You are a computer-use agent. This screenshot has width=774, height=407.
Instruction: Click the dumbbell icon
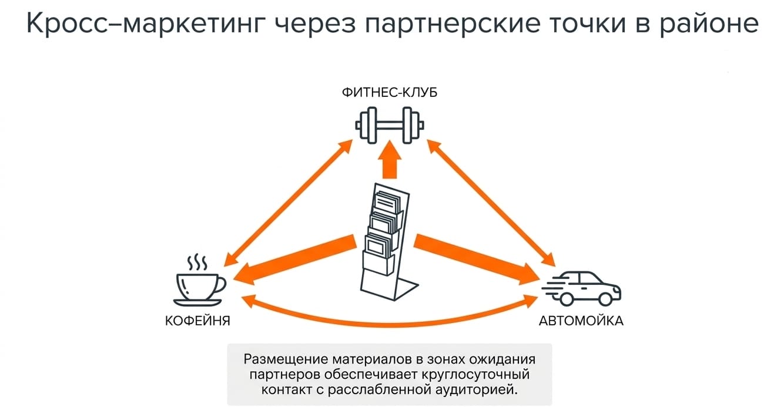pos(390,125)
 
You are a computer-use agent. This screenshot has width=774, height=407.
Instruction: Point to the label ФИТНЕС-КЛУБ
pos(390,93)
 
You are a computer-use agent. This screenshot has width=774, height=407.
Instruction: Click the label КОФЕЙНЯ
pos(197,321)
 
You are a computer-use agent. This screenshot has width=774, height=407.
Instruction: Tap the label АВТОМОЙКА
pos(581,321)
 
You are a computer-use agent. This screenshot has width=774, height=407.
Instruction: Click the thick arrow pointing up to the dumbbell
pos(390,160)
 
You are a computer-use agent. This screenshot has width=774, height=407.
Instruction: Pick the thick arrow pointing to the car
pos(477,260)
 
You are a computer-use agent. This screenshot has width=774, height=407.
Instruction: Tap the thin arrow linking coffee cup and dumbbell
pos(288,203)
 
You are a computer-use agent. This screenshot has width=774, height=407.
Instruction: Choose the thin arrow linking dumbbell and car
pos(491,203)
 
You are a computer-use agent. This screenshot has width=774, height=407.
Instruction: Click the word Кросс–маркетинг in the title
pos(143,23)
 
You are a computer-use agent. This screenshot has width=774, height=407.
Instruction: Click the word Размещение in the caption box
pos(286,359)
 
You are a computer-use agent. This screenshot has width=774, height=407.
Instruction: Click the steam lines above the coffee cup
pos(197,263)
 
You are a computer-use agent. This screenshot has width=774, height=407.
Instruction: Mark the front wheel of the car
pos(605,298)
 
